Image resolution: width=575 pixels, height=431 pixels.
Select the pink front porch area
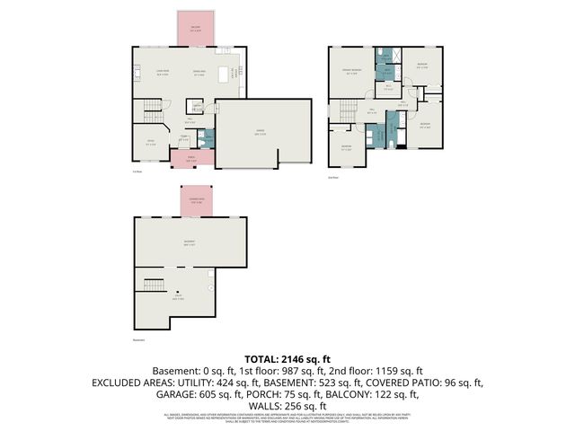coord(192,159)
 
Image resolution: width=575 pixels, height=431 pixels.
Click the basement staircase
coord(151,286)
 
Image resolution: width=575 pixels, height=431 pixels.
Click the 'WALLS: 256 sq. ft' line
coord(287,405)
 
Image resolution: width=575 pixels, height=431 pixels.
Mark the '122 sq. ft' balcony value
coord(393,393)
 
